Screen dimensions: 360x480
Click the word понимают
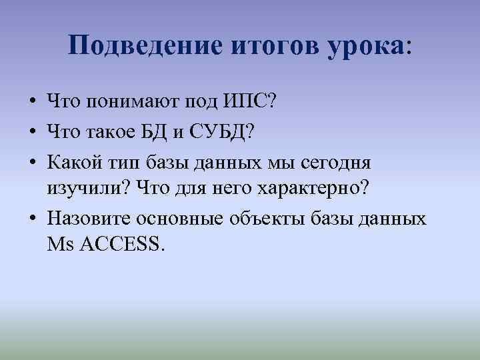134,102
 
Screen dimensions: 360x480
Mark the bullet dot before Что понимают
32,103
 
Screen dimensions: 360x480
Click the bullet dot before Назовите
32,219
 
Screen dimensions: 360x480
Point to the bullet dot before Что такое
32,132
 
